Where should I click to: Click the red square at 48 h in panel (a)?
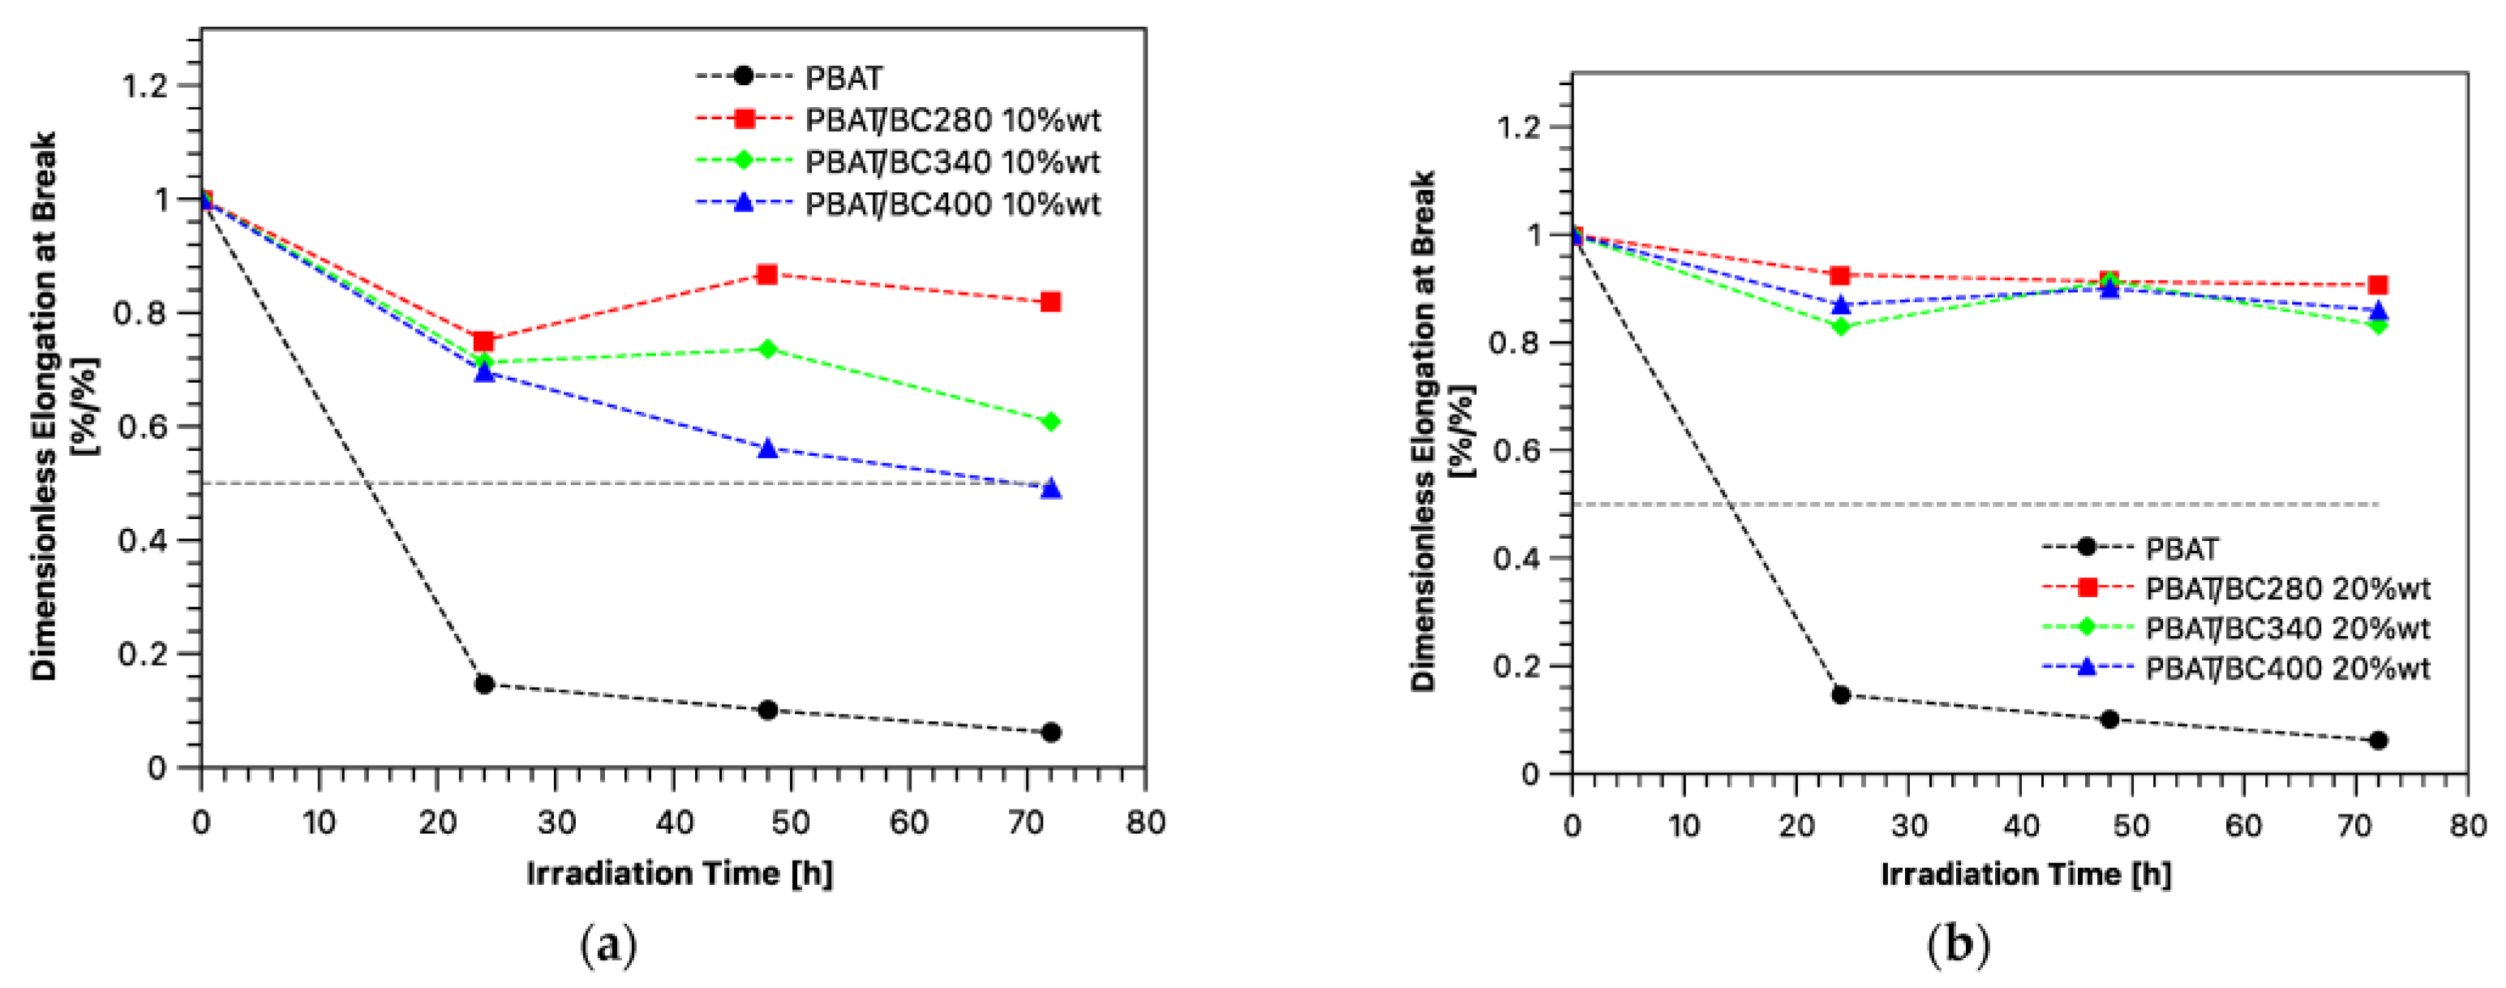[x=766, y=274]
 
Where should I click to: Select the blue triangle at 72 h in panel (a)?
[x=1049, y=488]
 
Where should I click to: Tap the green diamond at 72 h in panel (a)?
[x=1049, y=422]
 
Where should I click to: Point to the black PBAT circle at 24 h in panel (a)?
[x=483, y=685]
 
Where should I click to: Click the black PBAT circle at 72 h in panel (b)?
[x=2378, y=741]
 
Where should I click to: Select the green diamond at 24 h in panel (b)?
[x=1839, y=326]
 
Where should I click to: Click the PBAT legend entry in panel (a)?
[x=843, y=77]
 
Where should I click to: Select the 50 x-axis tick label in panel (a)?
[x=790, y=823]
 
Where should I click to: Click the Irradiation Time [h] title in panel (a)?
[x=679, y=873]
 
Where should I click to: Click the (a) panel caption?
[x=608, y=944]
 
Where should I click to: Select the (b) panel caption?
[x=1957, y=944]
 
